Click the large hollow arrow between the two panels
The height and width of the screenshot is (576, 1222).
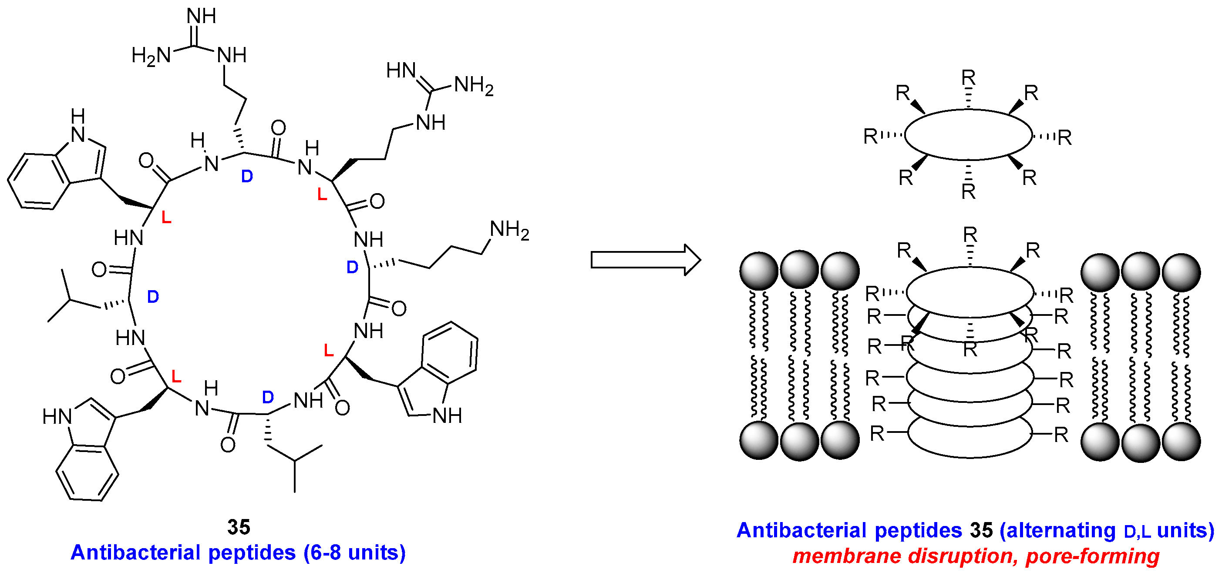(645, 260)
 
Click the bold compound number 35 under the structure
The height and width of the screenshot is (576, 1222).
(239, 527)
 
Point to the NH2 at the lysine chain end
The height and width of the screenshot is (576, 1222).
(509, 230)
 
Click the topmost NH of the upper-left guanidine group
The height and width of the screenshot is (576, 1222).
(201, 17)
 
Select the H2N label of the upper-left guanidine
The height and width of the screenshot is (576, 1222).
(151, 56)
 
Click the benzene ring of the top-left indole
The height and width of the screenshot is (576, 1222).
(38, 181)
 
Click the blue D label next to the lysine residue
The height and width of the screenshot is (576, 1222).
(352, 268)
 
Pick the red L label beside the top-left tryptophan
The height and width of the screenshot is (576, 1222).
(166, 218)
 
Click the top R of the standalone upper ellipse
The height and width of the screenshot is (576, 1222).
(968, 77)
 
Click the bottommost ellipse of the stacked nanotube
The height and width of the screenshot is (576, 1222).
(970, 439)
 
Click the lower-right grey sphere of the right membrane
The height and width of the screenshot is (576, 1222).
(1181, 442)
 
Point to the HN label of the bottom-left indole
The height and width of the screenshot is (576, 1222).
(57, 417)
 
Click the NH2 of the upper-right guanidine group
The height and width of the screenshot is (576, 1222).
(473, 86)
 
